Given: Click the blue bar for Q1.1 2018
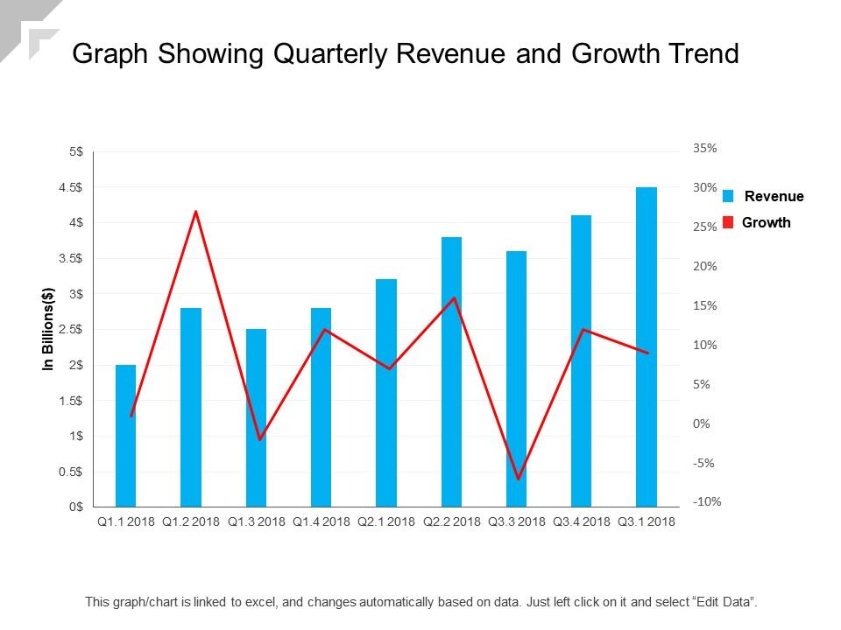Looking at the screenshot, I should [x=126, y=435].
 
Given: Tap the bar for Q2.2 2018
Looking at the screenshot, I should [x=451, y=371].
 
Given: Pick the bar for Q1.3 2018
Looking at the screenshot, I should [x=256, y=417].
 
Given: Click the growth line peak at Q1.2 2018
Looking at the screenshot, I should [x=196, y=212].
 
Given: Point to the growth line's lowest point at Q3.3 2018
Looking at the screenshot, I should [x=518, y=479].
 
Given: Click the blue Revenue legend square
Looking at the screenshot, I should [x=728, y=196].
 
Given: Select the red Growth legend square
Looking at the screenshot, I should [x=728, y=222].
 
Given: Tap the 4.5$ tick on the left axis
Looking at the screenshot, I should [x=71, y=186].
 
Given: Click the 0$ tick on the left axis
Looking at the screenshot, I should [x=76, y=507].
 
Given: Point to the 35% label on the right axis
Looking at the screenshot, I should [x=705, y=149].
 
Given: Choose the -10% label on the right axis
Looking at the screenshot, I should [x=707, y=502].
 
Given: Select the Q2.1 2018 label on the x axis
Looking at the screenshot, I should [x=386, y=522].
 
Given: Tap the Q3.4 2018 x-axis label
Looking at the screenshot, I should [x=582, y=522].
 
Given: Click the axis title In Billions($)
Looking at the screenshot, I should [x=49, y=329].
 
